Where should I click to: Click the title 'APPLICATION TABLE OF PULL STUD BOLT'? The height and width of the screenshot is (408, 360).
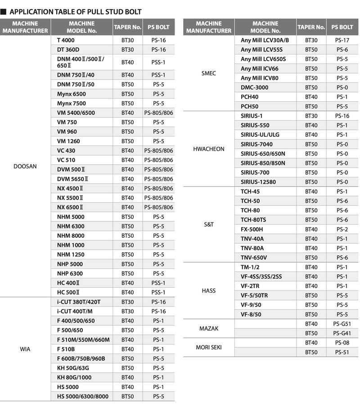pyautogui.click(x=75, y=12)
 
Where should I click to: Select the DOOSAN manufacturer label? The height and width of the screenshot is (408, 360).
pyautogui.click(x=25, y=166)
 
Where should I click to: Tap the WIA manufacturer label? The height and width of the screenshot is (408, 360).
pyautogui.click(x=25, y=349)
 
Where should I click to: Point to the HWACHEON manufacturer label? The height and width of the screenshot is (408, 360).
pyautogui.click(x=208, y=149)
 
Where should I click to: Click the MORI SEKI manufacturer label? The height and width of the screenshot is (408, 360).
pyautogui.click(x=208, y=347)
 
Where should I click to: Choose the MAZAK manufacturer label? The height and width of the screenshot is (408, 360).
pyautogui.click(x=208, y=328)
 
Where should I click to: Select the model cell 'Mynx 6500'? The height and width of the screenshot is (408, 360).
pyautogui.click(x=71, y=94)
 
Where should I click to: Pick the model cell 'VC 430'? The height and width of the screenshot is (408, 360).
pyautogui.click(x=66, y=150)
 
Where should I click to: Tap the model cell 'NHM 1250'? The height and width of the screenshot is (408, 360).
pyautogui.click(x=71, y=254)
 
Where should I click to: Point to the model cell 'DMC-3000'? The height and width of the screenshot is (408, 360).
pyautogui.click(x=255, y=87)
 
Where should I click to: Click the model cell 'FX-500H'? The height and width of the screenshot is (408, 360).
pyautogui.click(x=252, y=229)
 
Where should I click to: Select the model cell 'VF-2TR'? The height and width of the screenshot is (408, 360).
pyautogui.click(x=251, y=286)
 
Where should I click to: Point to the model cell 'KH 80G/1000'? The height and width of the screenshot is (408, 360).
pyautogui.click(x=74, y=377)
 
